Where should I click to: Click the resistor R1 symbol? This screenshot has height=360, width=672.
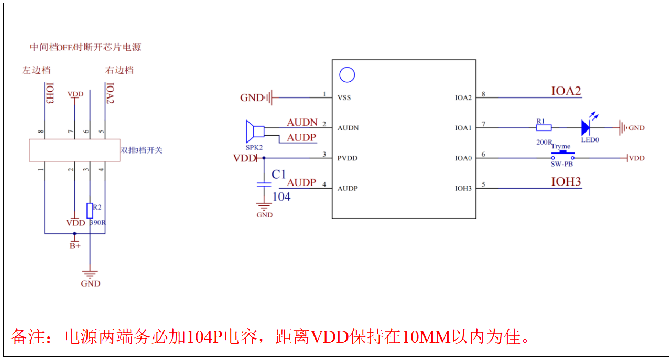544,127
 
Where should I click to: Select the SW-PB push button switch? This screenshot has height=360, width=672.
562,156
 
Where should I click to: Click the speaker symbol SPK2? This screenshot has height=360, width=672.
255,131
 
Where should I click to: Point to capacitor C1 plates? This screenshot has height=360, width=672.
264,184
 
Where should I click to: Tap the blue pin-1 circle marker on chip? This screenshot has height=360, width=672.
347,75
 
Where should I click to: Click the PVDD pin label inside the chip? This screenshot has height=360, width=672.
348,158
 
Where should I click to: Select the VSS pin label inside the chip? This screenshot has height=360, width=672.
344,97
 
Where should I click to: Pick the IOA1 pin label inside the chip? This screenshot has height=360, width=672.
463,128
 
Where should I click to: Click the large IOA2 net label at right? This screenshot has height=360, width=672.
566,91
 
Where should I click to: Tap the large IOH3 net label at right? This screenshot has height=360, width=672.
566,182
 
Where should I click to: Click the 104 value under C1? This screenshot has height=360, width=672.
281,197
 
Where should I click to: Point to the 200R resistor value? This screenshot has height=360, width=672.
543,143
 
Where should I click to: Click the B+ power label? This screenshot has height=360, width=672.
75,246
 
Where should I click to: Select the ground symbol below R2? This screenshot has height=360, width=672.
91,274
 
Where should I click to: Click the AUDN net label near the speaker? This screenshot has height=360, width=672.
302,123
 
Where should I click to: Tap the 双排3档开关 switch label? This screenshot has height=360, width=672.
142,150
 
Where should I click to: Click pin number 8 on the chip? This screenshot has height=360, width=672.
483,94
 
